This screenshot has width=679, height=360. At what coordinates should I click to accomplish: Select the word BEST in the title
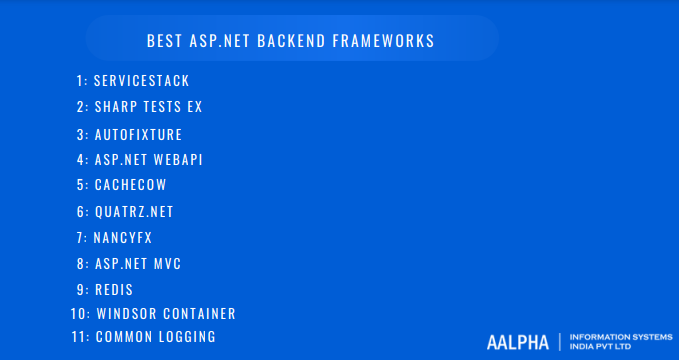[x=164, y=41]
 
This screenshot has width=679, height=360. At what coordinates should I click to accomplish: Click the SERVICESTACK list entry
[x=141, y=80]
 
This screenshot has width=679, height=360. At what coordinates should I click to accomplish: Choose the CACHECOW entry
[x=130, y=185]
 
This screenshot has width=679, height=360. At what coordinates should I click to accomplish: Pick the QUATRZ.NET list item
[x=134, y=211]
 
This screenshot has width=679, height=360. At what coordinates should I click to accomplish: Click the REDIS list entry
[x=114, y=289]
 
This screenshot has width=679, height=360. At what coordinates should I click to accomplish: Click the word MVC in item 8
[x=168, y=264]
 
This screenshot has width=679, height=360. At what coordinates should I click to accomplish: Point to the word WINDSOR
[x=129, y=314]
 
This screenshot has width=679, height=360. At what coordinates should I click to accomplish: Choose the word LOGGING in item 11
[x=187, y=337]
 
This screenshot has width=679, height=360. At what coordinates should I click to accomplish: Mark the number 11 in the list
[x=78, y=337]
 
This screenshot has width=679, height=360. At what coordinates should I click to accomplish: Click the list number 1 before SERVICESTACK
[x=79, y=80]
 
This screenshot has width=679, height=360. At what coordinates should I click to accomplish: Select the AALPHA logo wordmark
[x=517, y=342]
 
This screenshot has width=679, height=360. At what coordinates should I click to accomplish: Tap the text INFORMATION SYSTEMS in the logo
[x=613, y=337]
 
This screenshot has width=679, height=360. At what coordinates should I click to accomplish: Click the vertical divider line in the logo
[x=560, y=342]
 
